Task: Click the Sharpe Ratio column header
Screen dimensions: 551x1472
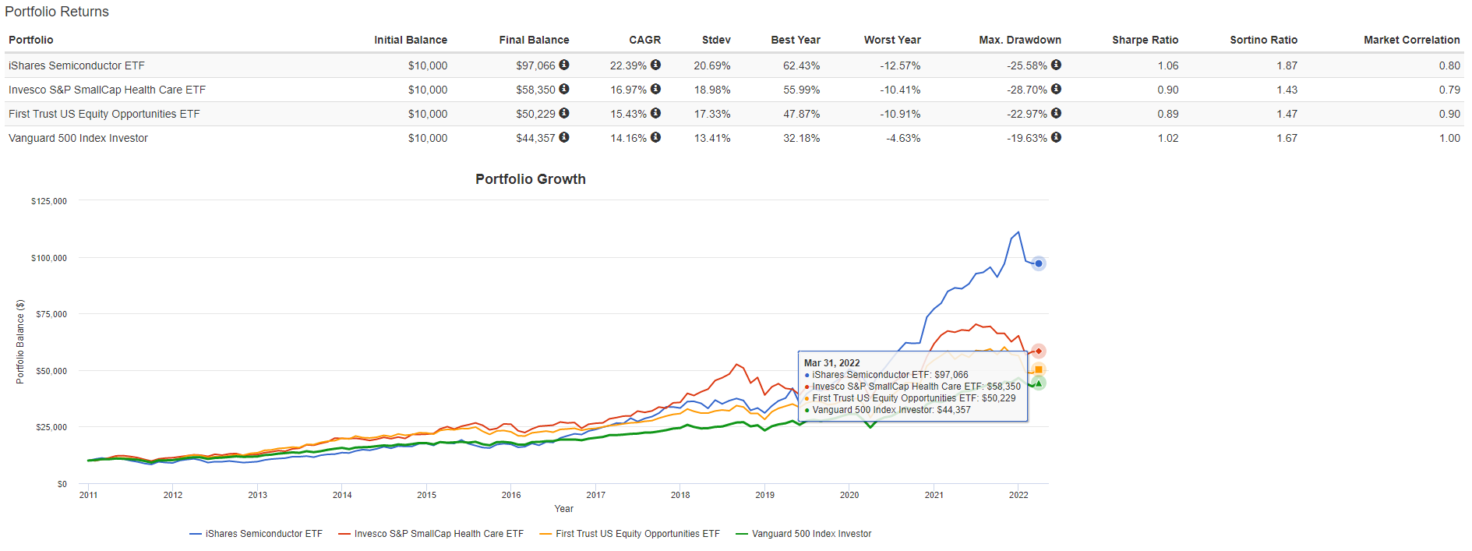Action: (1145, 40)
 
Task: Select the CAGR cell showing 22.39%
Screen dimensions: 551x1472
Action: (628, 65)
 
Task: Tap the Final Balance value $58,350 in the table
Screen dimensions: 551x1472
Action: (535, 90)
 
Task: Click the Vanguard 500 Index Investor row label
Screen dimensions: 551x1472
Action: (78, 138)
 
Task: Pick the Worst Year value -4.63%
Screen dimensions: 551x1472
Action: (903, 138)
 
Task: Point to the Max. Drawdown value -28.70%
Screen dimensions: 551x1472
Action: (1026, 90)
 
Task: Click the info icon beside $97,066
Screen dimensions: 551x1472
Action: (564, 65)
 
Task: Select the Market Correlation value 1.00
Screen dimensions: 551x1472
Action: (1449, 138)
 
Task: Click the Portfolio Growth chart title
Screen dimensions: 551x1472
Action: (530, 179)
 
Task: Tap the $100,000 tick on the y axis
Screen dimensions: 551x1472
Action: (49, 258)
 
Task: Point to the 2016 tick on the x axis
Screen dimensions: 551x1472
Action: (511, 495)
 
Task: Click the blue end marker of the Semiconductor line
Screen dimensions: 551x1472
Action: (1038, 263)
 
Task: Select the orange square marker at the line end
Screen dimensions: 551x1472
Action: (1038, 369)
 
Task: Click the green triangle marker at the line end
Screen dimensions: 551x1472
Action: (1038, 383)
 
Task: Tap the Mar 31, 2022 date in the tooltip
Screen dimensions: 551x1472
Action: (831, 363)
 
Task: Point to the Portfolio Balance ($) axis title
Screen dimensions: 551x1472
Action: (20, 342)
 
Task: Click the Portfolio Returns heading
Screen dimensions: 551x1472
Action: (57, 12)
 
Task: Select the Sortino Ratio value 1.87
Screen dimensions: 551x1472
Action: (1287, 65)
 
